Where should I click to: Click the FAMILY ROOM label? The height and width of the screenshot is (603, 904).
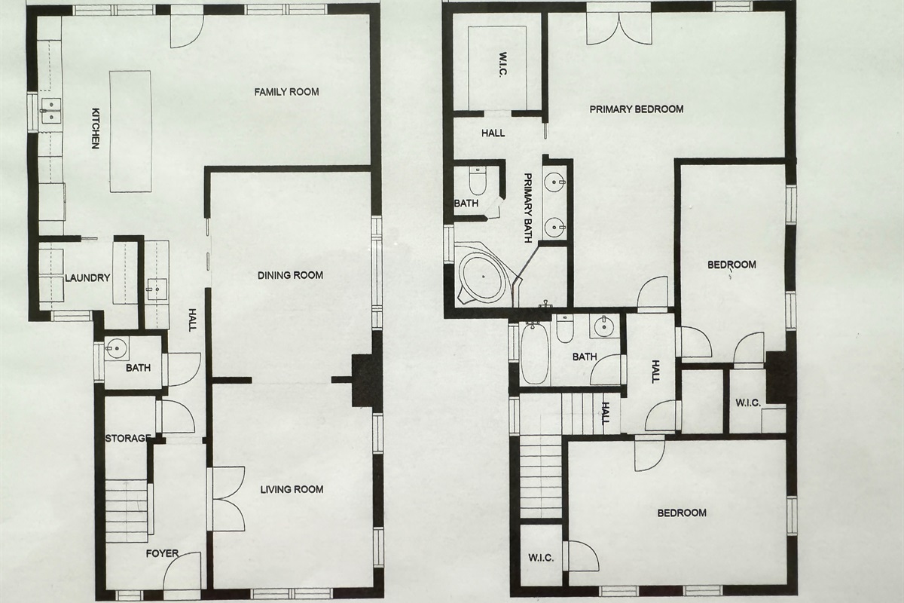click(286, 92)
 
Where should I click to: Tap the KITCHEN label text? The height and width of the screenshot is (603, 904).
click(95, 128)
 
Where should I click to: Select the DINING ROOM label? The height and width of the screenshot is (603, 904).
click(290, 275)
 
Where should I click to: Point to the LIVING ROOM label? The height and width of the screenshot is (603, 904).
click(292, 489)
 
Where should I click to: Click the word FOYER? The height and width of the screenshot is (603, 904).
click(162, 553)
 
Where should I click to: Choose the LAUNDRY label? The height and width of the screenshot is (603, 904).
click(87, 278)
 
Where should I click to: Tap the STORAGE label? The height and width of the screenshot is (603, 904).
click(128, 438)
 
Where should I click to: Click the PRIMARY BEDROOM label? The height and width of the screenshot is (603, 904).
click(637, 109)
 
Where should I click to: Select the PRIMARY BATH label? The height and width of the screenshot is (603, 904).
click(528, 208)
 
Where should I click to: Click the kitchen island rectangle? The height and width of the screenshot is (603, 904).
click(131, 131)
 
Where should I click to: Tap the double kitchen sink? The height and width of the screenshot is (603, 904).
click(51, 111)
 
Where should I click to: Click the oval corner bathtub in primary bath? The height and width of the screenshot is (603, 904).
click(484, 277)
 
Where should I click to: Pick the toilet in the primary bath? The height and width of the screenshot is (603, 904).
click(477, 181)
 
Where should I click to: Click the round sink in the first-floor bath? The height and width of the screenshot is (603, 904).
click(117, 348)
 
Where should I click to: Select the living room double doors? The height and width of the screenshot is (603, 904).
click(227, 499)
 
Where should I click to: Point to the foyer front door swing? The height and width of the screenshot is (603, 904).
click(182, 572)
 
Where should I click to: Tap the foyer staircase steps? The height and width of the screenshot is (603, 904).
click(127, 510)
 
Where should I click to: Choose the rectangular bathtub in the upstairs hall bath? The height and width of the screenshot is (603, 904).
click(535, 353)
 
